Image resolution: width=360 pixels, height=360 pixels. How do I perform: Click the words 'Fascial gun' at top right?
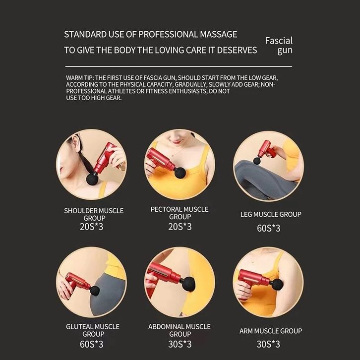[279, 46]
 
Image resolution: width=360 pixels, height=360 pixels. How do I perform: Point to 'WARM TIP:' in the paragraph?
[80, 78]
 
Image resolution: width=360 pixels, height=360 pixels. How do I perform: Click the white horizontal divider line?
[179, 66]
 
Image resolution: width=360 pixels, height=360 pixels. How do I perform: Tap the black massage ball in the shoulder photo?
[92, 179]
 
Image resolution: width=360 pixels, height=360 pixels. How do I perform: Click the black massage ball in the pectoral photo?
[180, 173]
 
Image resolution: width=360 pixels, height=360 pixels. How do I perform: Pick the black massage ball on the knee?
[257, 160]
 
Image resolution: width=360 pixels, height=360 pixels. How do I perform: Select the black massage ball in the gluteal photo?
[95, 291]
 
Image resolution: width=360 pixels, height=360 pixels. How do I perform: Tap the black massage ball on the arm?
[277, 284]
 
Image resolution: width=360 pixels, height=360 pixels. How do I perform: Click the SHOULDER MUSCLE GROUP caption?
[94, 214]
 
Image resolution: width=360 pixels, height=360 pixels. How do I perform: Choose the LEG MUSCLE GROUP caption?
[271, 214]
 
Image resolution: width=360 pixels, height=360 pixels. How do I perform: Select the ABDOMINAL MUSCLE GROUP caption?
[180, 330]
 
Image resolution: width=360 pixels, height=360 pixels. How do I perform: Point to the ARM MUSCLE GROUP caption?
[271, 331]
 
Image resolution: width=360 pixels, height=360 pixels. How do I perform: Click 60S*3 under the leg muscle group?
[268, 228]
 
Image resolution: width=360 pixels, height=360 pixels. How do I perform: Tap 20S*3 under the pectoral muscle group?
[180, 227]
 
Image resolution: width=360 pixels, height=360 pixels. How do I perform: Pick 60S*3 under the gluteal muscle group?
[91, 344]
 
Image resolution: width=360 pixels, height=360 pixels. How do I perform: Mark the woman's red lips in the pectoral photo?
[177, 142]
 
